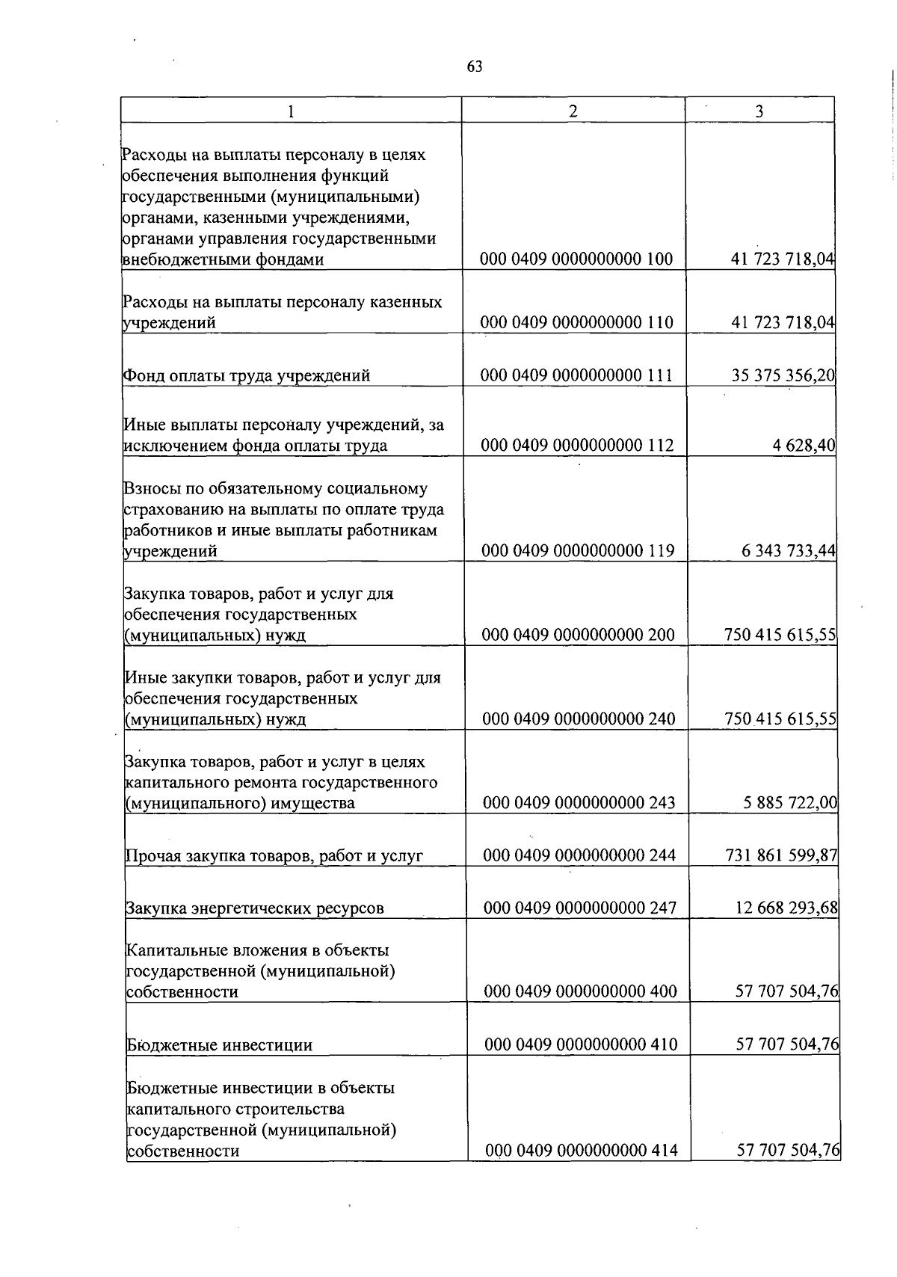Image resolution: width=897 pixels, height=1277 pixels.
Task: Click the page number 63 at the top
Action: pyautogui.click(x=475, y=67)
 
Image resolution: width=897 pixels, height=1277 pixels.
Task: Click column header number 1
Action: pyautogui.click(x=291, y=111)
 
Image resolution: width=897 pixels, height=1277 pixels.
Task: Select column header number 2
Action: pyautogui.click(x=573, y=111)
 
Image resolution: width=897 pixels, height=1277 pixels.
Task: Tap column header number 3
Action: pyautogui.click(x=759, y=111)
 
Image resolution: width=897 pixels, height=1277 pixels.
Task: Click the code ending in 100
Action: pyautogui.click(x=576, y=259)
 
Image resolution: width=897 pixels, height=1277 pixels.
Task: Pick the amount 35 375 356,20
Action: pyautogui.click(x=783, y=375)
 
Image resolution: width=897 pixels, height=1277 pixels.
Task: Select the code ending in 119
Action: pyautogui.click(x=578, y=551)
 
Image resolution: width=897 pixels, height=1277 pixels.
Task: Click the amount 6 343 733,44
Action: pyautogui.click(x=789, y=551)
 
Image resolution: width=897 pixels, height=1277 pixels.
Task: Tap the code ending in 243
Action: pyautogui.click(x=579, y=803)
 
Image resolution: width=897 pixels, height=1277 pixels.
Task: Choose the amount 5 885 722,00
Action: pyautogui.click(x=790, y=803)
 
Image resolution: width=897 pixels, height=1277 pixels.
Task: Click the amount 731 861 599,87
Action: pyautogui.click(x=781, y=855)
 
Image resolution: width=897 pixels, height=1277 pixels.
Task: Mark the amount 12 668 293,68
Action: pyautogui.click(x=787, y=908)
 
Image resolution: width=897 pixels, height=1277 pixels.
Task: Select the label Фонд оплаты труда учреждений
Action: pyautogui.click(x=247, y=376)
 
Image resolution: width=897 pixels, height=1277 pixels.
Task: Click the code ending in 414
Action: pyautogui.click(x=581, y=1151)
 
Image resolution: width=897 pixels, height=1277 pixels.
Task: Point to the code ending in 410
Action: pyautogui.click(x=581, y=1044)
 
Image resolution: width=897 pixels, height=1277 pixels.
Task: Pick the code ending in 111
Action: pyautogui.click(x=576, y=375)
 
